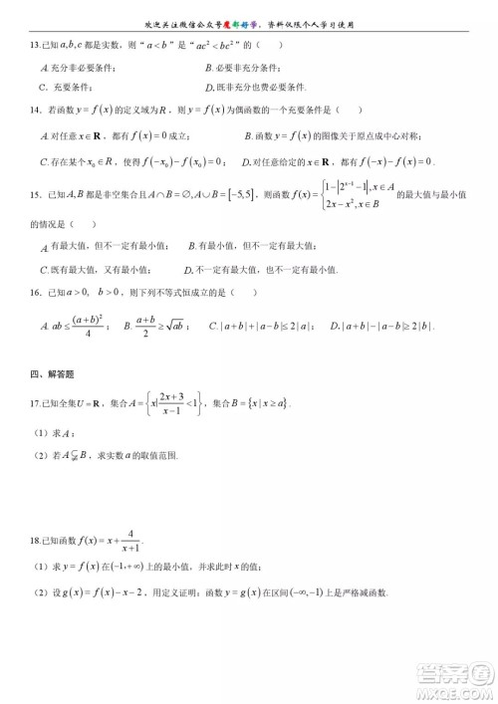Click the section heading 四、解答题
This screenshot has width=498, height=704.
pyautogui.click(x=52, y=373)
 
